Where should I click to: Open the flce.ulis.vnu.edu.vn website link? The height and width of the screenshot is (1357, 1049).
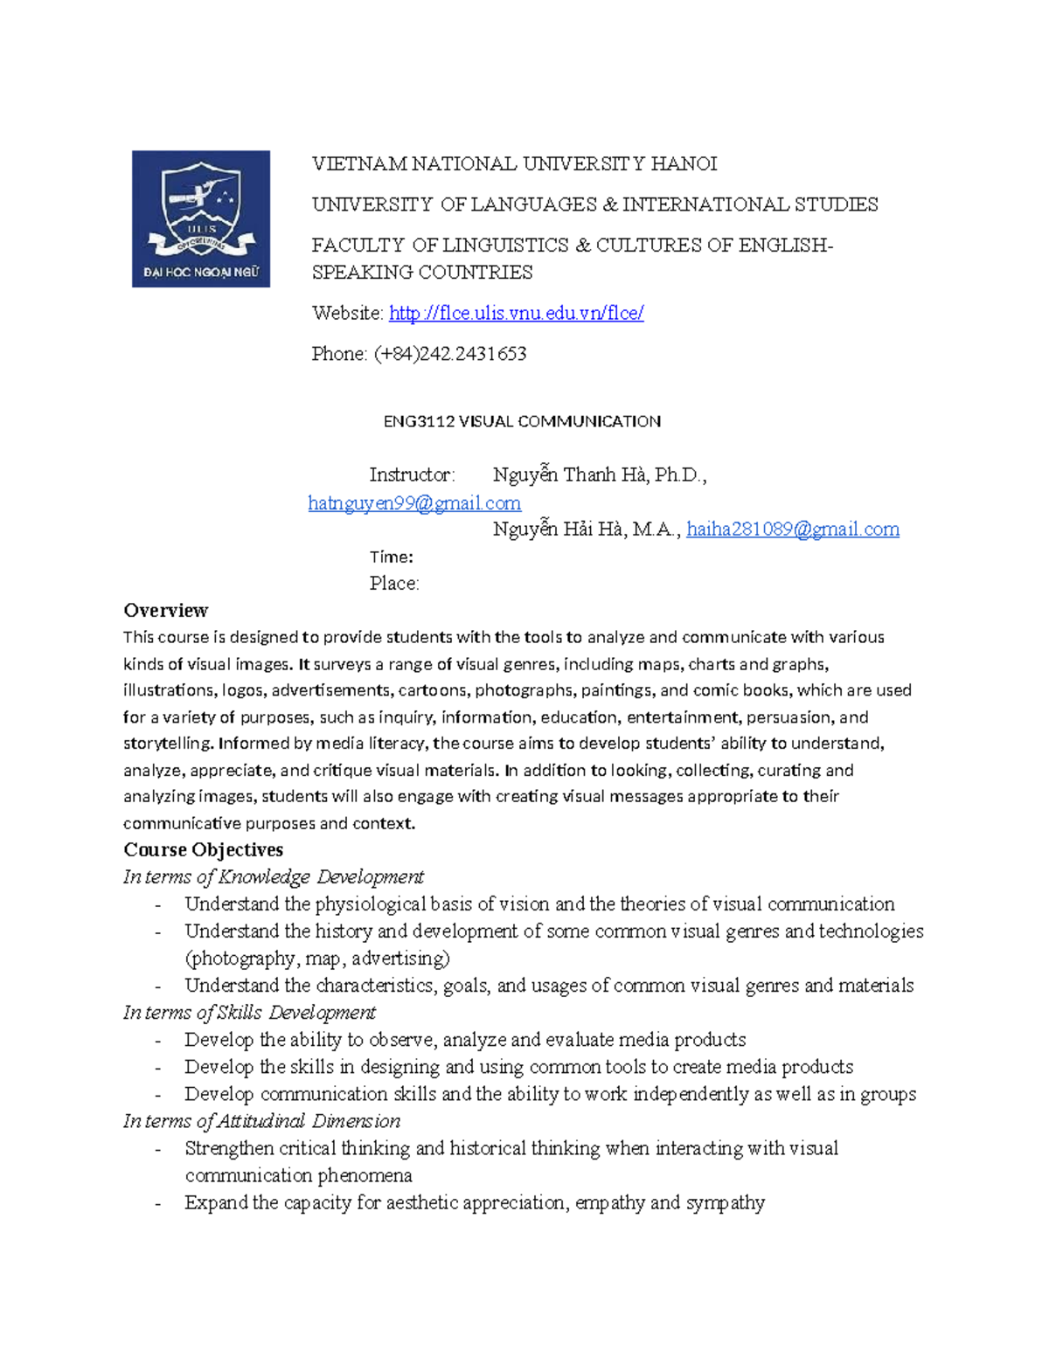point(516,313)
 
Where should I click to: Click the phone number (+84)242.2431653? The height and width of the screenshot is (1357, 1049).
point(449,354)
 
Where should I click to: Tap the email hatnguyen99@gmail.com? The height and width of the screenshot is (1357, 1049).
point(414,503)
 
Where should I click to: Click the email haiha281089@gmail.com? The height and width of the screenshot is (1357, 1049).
point(792,530)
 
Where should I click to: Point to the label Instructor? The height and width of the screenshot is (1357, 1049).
point(412,475)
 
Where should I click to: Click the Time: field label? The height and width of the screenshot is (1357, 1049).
point(391,557)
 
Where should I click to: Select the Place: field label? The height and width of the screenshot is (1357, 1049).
point(393,584)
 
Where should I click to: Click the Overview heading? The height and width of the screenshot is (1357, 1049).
point(165,610)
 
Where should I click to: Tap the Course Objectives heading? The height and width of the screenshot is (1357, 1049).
point(203,849)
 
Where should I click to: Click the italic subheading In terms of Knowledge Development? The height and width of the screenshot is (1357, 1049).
point(273,876)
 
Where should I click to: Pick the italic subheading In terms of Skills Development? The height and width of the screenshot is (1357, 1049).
point(249,1012)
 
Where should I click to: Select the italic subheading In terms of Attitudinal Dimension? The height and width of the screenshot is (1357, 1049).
point(261,1120)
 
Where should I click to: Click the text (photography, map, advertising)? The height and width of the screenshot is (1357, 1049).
point(317,959)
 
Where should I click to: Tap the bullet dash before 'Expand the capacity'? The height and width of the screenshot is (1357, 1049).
point(157,1203)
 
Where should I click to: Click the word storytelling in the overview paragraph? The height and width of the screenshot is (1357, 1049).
point(168,744)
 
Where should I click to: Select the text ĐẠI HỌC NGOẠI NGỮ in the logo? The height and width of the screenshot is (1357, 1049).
point(201,272)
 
